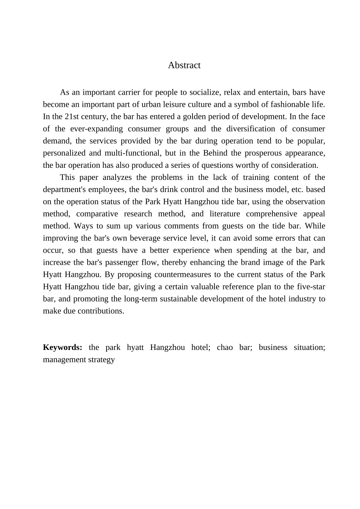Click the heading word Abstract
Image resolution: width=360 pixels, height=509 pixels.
click(x=184, y=65)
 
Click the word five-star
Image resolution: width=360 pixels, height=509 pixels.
click(x=310, y=286)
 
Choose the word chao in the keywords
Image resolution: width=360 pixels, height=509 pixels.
click(x=225, y=347)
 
